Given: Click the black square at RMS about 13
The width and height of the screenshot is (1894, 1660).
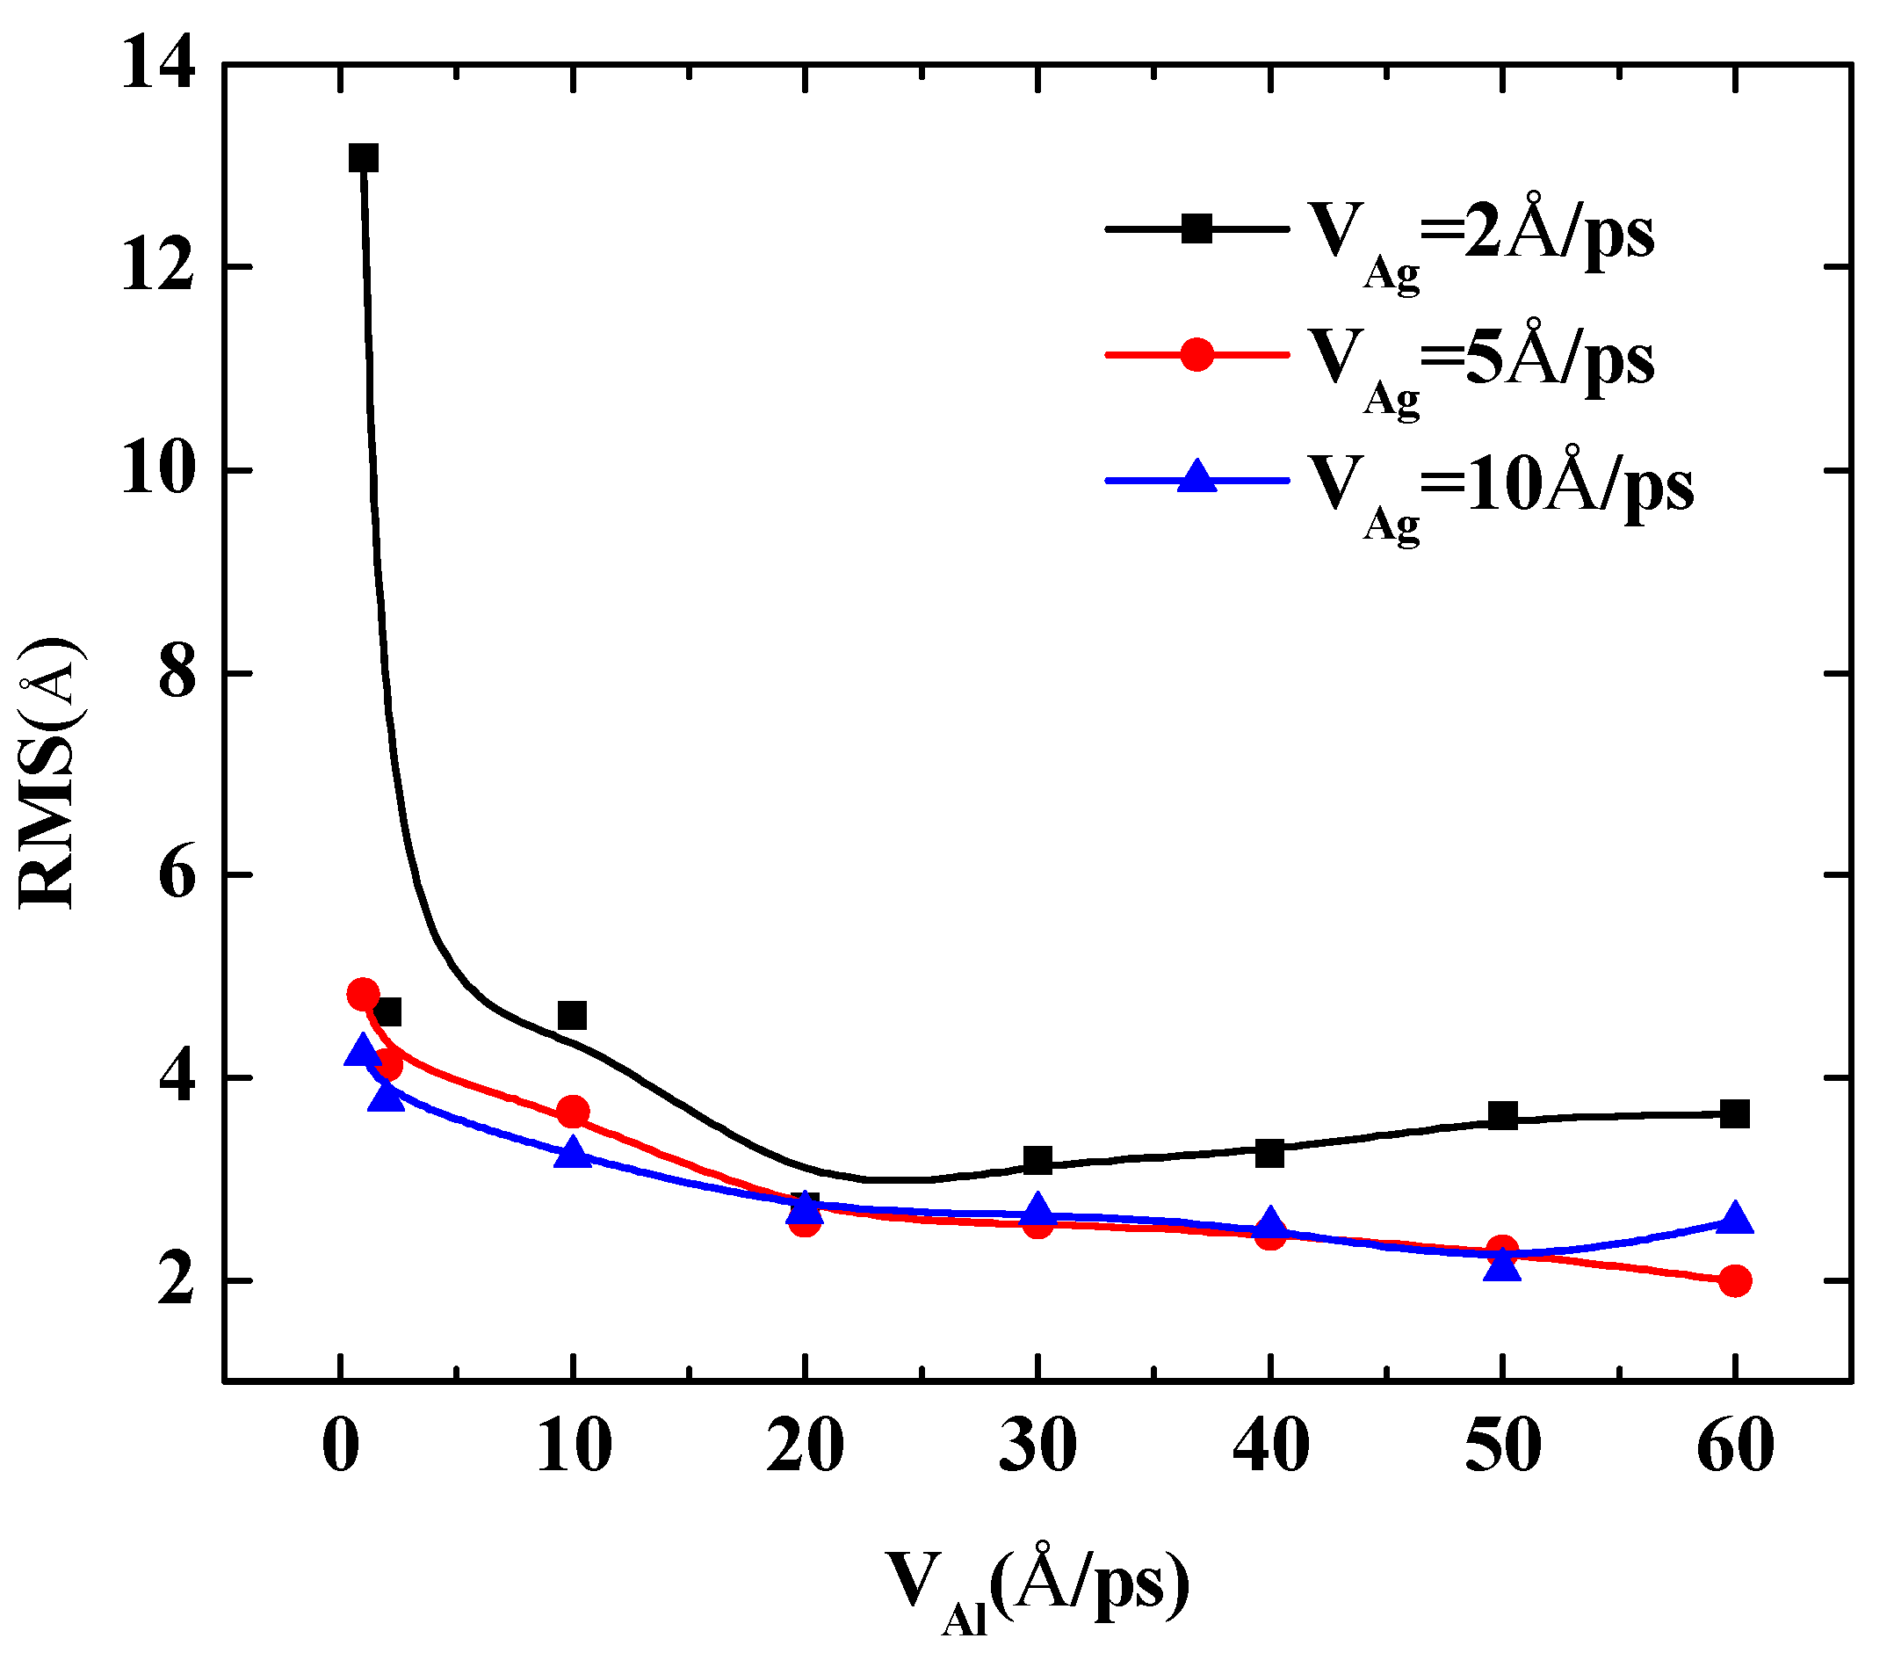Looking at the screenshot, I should coord(363,158).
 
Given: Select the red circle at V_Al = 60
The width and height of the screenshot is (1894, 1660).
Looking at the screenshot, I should coord(1735,1281).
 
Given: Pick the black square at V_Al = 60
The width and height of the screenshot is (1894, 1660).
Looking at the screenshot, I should coord(1735,1113).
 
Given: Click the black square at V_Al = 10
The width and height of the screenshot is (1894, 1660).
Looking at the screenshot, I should coord(573,1015).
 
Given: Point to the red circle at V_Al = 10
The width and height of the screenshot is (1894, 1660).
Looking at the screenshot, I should coord(574,1111).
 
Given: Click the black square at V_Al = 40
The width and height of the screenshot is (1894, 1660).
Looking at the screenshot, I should coord(1269,1153).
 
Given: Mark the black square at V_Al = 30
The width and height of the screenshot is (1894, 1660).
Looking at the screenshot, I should coord(1037,1160).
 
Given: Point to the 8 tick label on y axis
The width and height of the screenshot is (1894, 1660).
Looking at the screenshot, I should coord(177,673).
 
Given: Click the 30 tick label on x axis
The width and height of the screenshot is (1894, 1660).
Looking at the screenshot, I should coord(1037,1445).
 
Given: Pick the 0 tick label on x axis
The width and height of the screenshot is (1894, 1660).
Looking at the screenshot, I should coord(341,1445).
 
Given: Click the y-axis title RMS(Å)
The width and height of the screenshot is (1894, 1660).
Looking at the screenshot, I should coord(48,773).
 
